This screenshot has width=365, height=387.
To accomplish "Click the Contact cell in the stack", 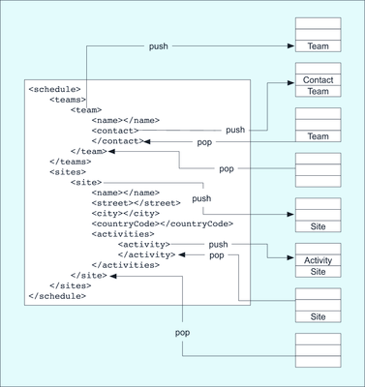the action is (x=318, y=79).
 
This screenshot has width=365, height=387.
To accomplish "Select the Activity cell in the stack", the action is (x=318, y=260).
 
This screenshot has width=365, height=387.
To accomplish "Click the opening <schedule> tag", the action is (x=54, y=89).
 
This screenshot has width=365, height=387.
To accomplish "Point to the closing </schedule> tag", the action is (x=57, y=296).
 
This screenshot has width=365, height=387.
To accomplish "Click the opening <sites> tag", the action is (x=68, y=172).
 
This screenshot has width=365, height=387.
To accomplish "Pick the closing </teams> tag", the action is (x=71, y=162).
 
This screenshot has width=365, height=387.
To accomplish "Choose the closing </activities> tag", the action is (x=126, y=265).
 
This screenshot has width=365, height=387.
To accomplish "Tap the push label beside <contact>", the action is (x=235, y=130).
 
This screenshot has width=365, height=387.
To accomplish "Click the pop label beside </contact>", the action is (x=204, y=142).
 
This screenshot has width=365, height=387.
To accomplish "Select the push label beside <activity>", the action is (x=218, y=245).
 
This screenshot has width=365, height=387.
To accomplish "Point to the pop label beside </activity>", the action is (x=217, y=255).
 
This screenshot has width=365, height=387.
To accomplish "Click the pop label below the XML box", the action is (x=182, y=333).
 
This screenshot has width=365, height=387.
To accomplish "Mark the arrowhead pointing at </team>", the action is (x=111, y=151).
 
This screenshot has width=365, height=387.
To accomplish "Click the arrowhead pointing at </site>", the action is (x=113, y=276).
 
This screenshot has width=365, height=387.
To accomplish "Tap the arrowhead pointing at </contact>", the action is (x=147, y=141).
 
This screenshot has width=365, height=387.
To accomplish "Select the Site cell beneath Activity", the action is (x=318, y=272).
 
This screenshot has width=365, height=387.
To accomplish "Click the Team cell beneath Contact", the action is (x=318, y=91).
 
